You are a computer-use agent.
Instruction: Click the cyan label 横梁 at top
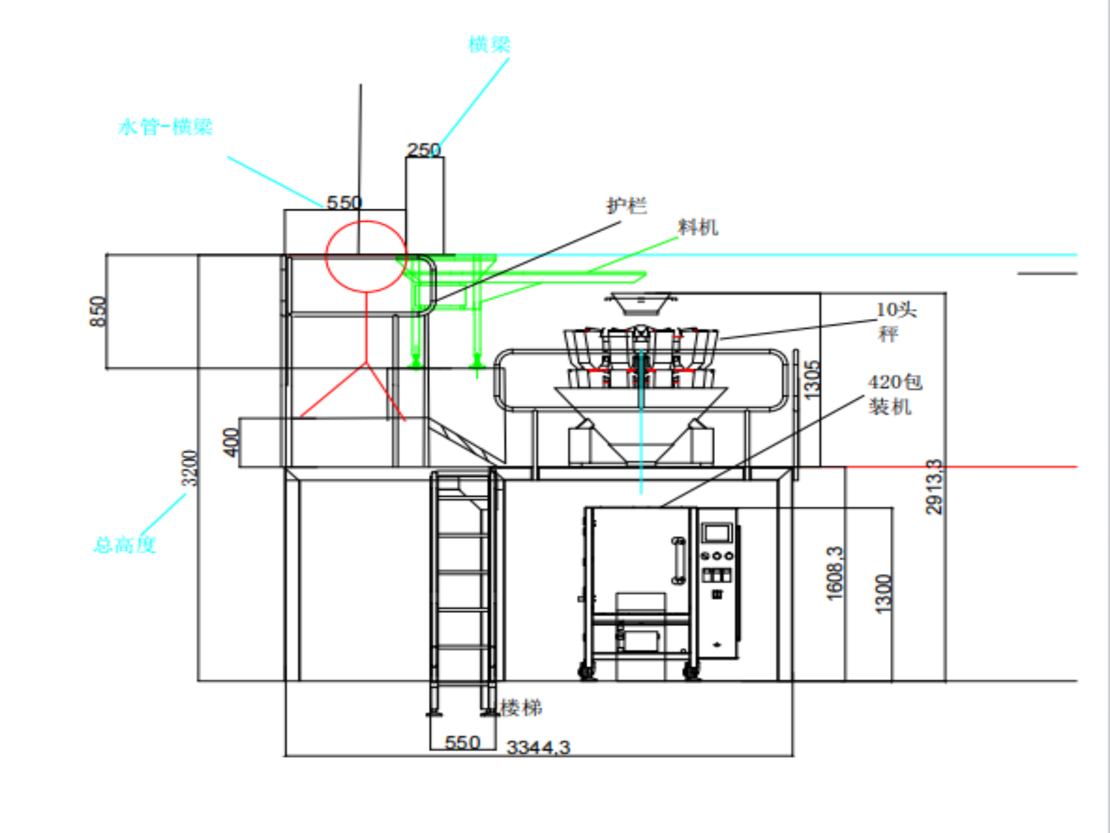pyautogui.click(x=489, y=44)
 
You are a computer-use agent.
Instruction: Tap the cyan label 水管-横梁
pyautogui.click(x=165, y=126)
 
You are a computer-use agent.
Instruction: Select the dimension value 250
pyautogui.click(x=424, y=150)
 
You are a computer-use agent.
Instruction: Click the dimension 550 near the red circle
pyautogui.click(x=344, y=202)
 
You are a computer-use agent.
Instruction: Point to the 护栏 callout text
pyautogui.click(x=626, y=206)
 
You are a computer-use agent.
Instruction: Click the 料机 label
pyautogui.click(x=697, y=227)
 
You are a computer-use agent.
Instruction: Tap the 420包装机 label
pyautogui.click(x=893, y=394)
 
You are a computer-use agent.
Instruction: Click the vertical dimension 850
pyautogui.click(x=98, y=311)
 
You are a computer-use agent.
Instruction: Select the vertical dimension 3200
pyautogui.click(x=189, y=468)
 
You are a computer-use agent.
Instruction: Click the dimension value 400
pyautogui.click(x=231, y=443)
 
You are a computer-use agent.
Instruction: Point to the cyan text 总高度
pyautogui.click(x=125, y=544)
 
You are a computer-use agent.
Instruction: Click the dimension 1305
pyautogui.click(x=812, y=379)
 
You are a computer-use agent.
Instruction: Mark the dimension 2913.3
pyautogui.click(x=934, y=486)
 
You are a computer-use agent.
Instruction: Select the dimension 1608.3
pyautogui.click(x=834, y=573)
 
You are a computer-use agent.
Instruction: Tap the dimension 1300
pyautogui.click(x=883, y=594)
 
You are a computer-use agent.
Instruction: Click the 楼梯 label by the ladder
pyautogui.click(x=521, y=707)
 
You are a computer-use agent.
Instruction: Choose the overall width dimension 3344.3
pyautogui.click(x=538, y=747)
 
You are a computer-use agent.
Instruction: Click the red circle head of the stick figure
pyautogui.click(x=366, y=256)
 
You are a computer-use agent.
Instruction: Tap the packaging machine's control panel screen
pyautogui.click(x=717, y=534)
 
